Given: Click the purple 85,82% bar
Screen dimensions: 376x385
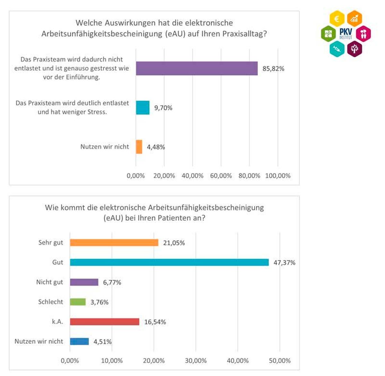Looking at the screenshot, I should tap(196, 68).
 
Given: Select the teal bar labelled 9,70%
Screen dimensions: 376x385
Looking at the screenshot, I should tap(142, 108).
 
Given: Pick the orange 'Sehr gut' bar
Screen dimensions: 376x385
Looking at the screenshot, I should tap(114, 243).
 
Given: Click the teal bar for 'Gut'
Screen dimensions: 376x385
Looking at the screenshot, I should tap(169, 262).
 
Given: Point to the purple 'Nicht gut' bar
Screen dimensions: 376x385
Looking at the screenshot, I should tap(84, 282).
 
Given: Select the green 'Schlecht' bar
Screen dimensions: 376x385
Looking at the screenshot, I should tap(78, 302).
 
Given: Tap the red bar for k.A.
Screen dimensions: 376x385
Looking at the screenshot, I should tap(105, 322).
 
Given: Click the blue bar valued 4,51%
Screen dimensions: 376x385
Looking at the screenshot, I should tap(79, 341).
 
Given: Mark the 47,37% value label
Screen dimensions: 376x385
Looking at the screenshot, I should tap(284, 263).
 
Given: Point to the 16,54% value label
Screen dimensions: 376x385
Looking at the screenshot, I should tap(155, 322).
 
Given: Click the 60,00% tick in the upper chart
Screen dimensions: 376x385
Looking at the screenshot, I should tap(221, 176).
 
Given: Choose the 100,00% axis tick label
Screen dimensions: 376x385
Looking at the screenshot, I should tap(278, 176).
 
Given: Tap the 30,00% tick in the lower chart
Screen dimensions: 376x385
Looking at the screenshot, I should tap(196, 361).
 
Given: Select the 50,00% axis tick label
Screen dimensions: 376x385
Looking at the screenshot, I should tap(280, 361).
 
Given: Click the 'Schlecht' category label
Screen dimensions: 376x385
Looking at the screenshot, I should tap(51, 302).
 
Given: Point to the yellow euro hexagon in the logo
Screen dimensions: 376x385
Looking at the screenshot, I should tap(337, 19).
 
